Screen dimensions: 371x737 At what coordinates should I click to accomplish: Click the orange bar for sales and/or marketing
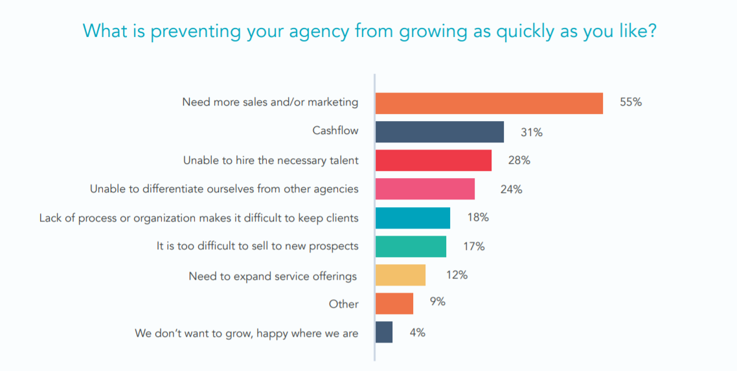(x=489, y=104)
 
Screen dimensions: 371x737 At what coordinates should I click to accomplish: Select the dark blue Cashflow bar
(x=439, y=132)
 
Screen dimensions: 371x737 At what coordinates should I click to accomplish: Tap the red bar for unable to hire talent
(x=433, y=161)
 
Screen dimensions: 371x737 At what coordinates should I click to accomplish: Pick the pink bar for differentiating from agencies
(x=425, y=189)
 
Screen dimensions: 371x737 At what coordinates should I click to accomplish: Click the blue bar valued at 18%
(x=413, y=218)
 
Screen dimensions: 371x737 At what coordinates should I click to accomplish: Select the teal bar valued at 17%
(x=411, y=246)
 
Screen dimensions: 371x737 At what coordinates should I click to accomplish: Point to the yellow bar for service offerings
(x=400, y=275)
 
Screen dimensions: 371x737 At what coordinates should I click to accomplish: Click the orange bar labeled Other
(x=394, y=303)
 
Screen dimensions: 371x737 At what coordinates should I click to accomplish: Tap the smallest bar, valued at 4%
(x=383, y=332)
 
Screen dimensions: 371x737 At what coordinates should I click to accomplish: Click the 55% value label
(x=630, y=102)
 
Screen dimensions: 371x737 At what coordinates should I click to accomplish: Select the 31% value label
(x=531, y=132)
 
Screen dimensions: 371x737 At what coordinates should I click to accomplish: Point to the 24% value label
(x=511, y=189)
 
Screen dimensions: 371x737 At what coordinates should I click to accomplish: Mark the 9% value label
(x=437, y=302)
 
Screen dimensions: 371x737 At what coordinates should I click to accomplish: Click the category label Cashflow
(x=335, y=131)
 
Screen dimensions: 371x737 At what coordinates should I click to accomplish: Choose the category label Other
(x=343, y=304)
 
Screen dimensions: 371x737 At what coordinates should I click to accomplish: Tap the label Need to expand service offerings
(x=273, y=276)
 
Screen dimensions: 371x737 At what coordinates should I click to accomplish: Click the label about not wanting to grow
(x=246, y=333)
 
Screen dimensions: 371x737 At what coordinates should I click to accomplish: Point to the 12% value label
(x=457, y=275)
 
